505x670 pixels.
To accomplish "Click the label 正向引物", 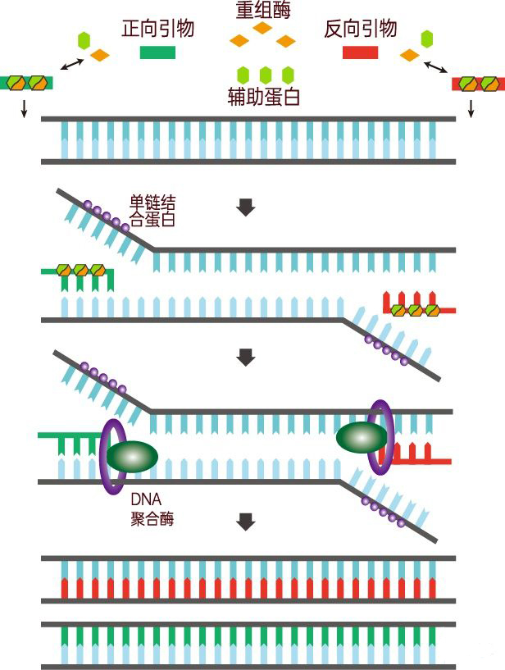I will [x=157, y=30].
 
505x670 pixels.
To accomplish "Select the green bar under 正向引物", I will [x=157, y=53].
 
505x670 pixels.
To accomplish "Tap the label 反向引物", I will [x=361, y=30].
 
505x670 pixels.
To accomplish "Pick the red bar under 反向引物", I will [x=360, y=53].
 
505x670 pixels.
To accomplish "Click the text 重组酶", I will [x=262, y=10].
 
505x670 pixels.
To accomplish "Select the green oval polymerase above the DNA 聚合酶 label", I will [x=130, y=456].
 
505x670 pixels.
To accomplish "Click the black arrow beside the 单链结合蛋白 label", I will [x=245, y=207].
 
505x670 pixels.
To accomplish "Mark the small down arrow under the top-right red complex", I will [x=471, y=107].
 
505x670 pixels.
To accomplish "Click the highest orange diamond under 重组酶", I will [x=262, y=29].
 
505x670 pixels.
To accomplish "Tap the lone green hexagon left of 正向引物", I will [x=83, y=39].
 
